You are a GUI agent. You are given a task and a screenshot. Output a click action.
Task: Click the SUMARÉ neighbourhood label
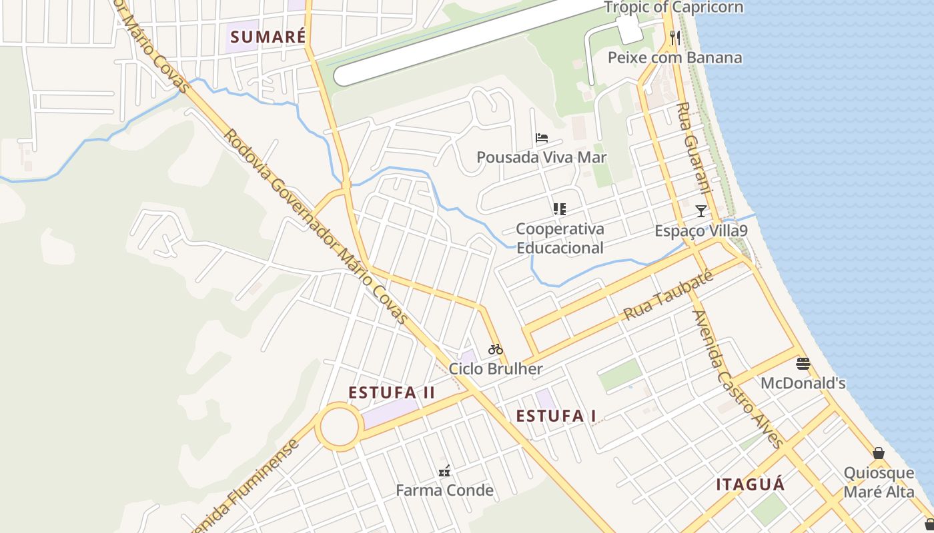[x=268, y=37]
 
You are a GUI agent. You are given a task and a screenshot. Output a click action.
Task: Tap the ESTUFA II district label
[x=392, y=392]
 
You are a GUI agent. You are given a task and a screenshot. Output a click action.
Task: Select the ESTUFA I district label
[x=556, y=416]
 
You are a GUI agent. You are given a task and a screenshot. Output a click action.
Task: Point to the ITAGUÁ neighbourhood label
[x=751, y=484]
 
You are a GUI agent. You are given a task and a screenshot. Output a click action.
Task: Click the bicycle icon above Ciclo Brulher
[x=495, y=349]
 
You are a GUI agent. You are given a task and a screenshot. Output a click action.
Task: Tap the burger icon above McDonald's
[x=803, y=364]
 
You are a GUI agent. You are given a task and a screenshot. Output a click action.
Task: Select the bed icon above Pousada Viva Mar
[x=542, y=139]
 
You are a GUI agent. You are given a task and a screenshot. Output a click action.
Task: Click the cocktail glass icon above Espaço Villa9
[x=700, y=211]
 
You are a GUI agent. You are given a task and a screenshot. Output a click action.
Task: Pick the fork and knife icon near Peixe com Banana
[x=675, y=38]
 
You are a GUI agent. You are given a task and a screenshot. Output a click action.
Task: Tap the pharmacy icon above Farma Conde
[x=444, y=471]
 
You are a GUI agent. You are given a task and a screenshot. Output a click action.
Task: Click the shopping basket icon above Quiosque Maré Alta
[x=879, y=453]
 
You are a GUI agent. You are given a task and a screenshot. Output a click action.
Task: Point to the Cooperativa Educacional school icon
[x=560, y=209]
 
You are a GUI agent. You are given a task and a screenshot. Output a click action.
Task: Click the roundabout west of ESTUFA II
[x=338, y=427]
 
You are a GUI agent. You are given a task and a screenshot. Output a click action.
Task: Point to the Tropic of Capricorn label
[x=674, y=7]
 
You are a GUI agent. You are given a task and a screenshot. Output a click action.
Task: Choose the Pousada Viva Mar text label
[x=541, y=157]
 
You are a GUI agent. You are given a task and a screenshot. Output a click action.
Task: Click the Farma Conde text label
[x=444, y=490]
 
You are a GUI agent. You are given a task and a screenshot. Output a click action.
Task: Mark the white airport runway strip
[x=467, y=40]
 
